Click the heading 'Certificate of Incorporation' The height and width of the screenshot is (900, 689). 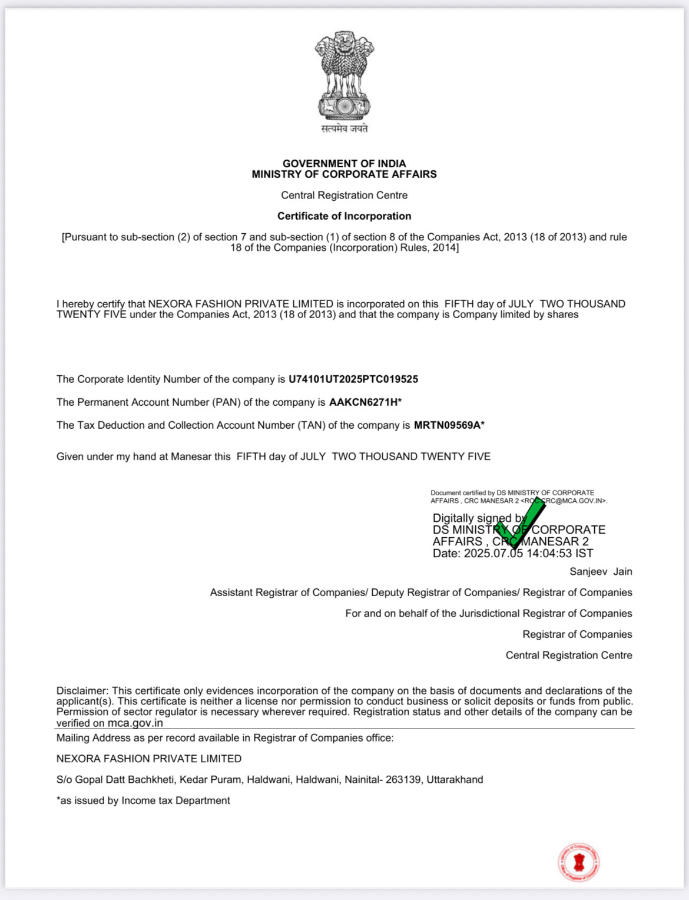[x=344, y=216]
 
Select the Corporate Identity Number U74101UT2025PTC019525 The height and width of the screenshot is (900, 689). [x=353, y=379]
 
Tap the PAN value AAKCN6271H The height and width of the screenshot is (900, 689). [x=363, y=402]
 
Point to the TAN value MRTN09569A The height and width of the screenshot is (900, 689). [x=447, y=425]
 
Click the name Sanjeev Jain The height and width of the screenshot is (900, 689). [x=601, y=571]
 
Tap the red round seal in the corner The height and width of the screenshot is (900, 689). [x=579, y=862]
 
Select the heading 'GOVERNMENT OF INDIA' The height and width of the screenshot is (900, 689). [x=344, y=164]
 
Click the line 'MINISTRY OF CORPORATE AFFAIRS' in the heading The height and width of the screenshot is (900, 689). [x=344, y=174]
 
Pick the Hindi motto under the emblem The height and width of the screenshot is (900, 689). [x=344, y=128]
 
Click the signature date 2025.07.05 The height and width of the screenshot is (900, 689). [x=493, y=554]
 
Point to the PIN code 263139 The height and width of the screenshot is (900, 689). [x=403, y=780]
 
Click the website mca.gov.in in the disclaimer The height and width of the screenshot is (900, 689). [x=135, y=723]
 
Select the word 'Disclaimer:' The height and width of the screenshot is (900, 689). [x=82, y=691]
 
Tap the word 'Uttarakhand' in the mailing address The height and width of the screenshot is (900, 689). [x=455, y=780]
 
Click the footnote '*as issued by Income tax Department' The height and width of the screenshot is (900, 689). [x=143, y=800]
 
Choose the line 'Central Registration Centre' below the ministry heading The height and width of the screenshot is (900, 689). [x=344, y=196]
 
